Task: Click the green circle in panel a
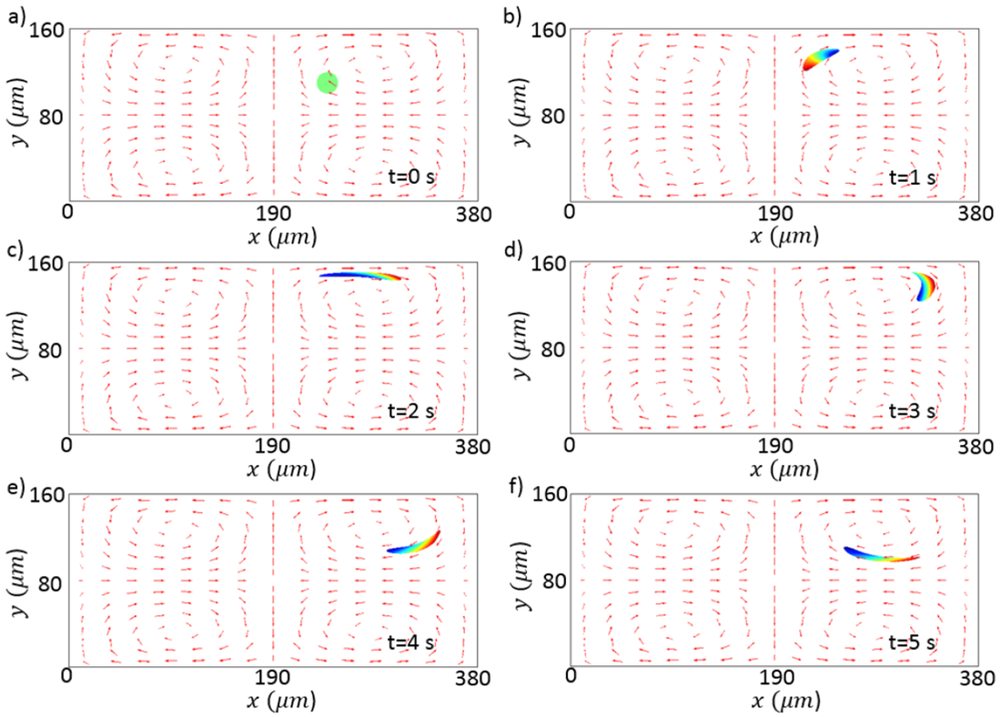(328, 82)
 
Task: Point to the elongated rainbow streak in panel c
(359, 275)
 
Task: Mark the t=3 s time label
(912, 411)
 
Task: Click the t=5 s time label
(912, 643)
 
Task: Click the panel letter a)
(14, 13)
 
